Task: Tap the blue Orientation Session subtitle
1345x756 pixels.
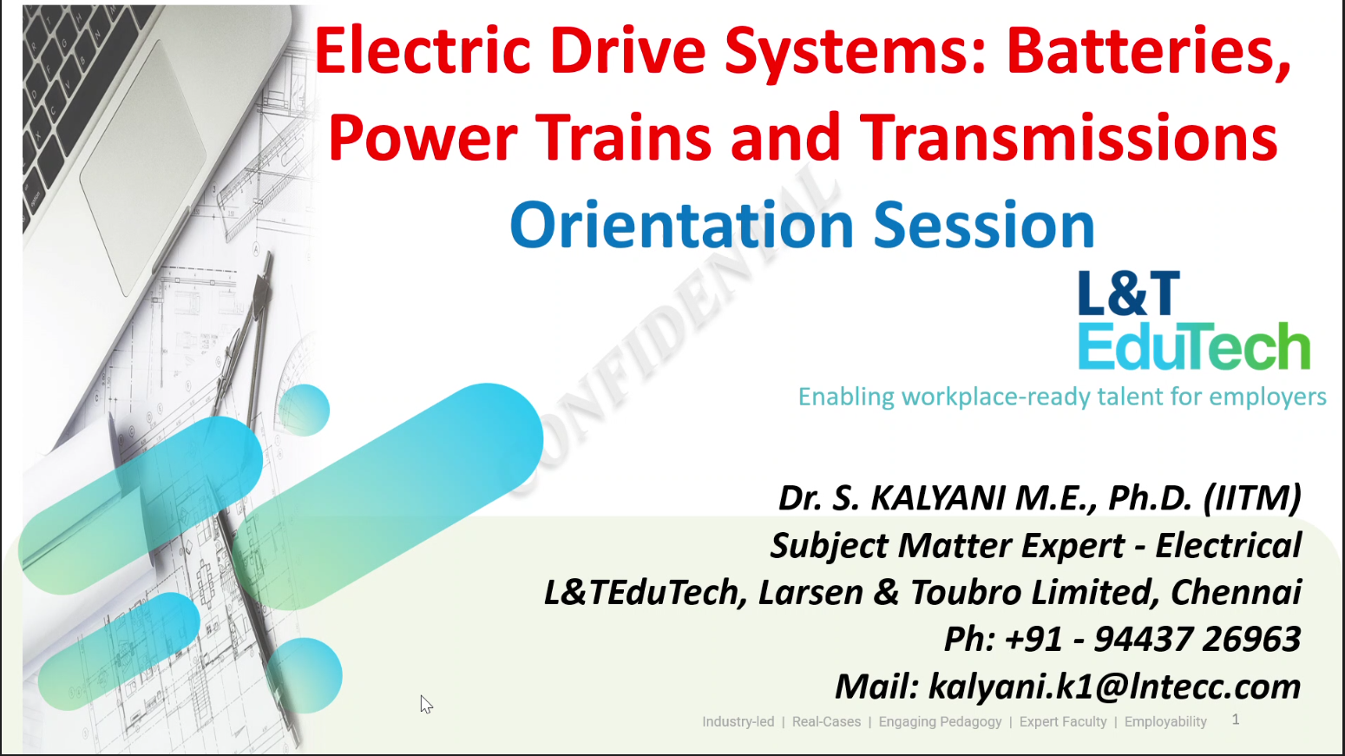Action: point(802,225)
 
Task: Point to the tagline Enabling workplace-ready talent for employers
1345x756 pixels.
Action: point(1061,397)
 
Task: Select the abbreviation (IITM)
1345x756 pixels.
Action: point(1252,498)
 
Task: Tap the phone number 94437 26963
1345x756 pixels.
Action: point(1197,638)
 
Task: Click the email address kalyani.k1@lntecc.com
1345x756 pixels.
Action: point(1114,686)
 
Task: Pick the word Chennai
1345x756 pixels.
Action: point(1236,592)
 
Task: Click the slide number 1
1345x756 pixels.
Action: point(1236,720)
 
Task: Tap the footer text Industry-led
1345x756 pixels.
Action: point(738,722)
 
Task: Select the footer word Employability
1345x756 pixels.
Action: point(1165,722)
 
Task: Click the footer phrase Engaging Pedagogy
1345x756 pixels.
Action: point(940,722)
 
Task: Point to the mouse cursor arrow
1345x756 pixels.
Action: point(426,705)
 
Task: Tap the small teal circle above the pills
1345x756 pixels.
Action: point(304,411)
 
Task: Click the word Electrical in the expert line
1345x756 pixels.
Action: point(1228,545)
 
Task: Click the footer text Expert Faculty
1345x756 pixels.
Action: point(1063,722)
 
